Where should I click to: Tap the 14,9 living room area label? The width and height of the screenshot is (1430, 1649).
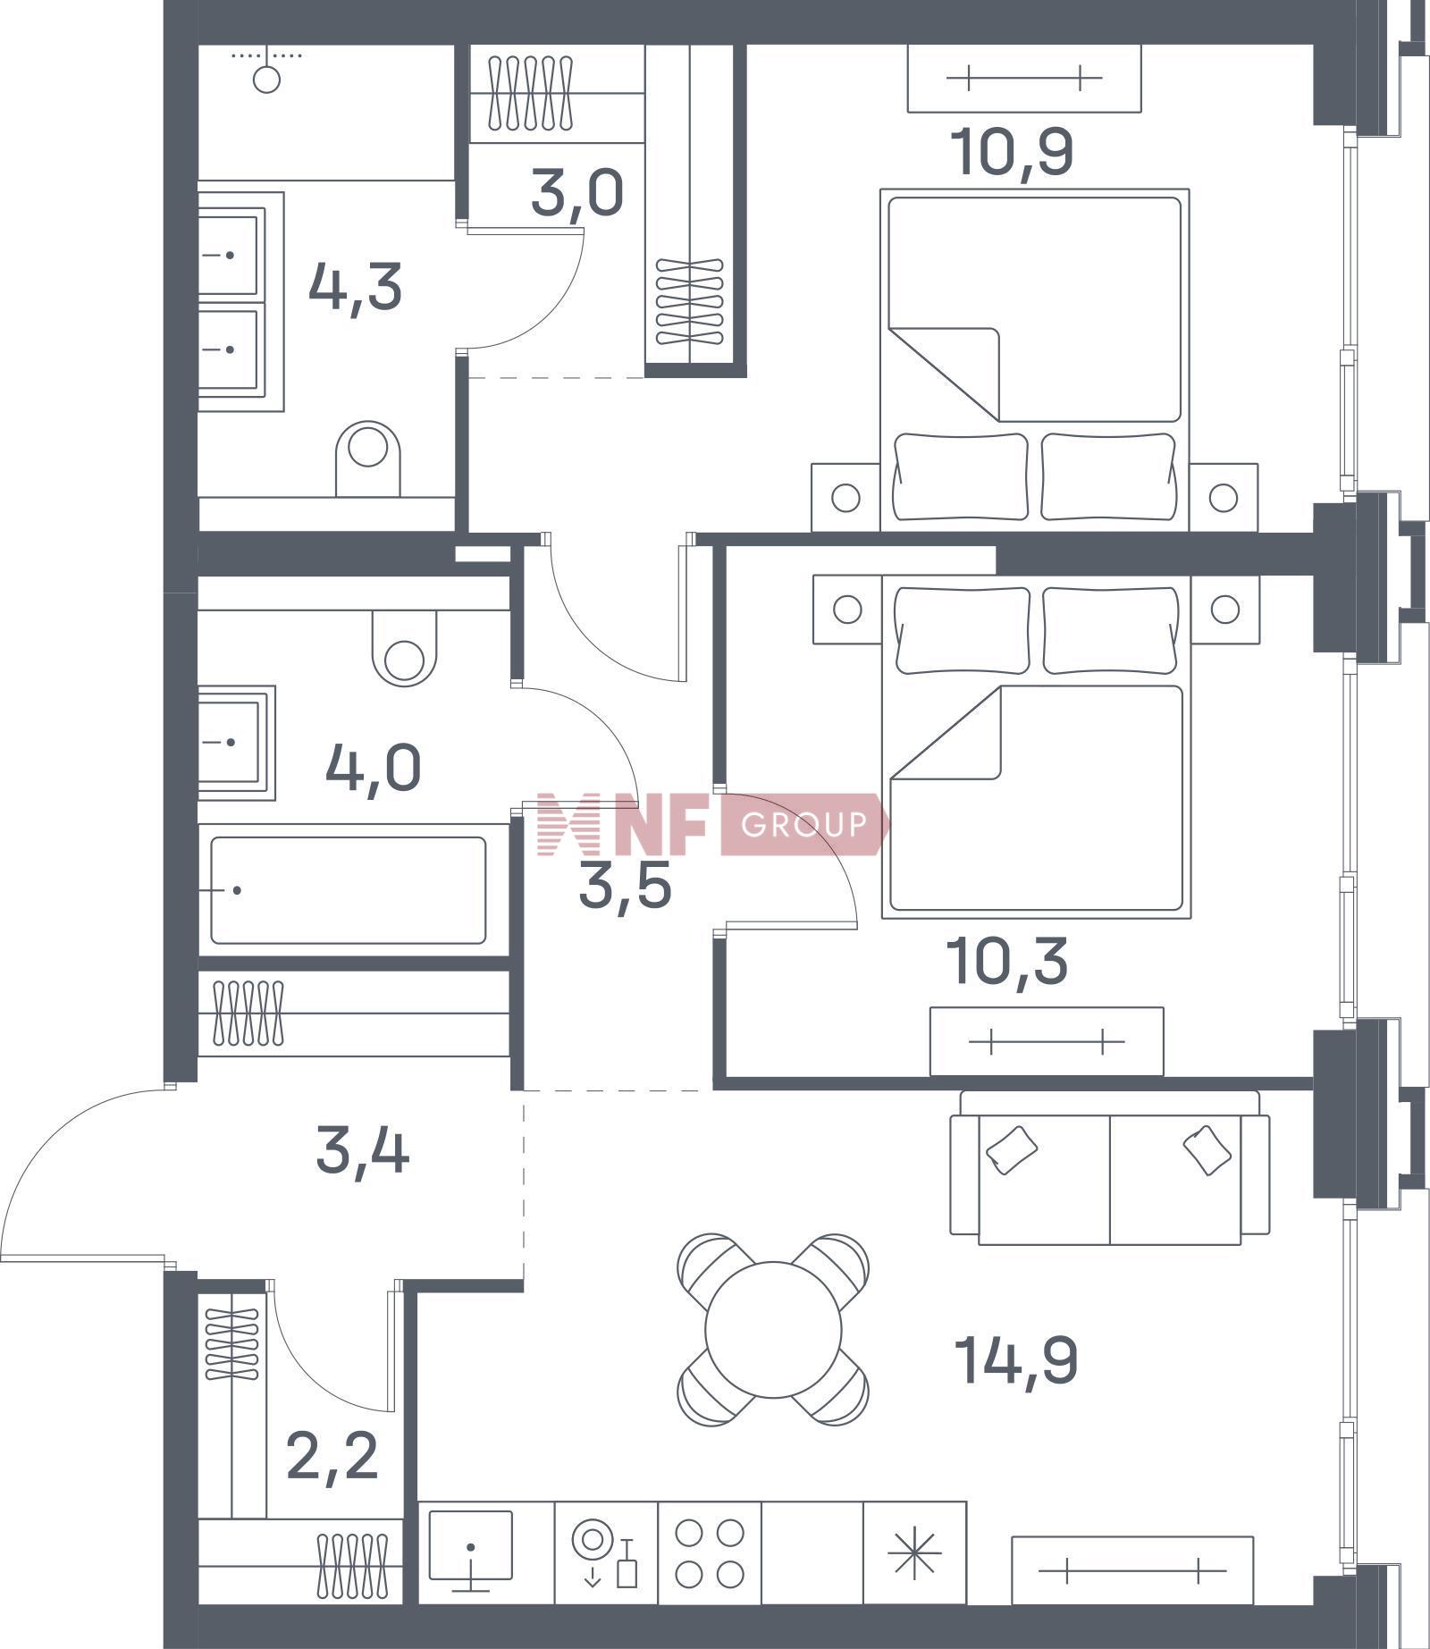(1016, 1360)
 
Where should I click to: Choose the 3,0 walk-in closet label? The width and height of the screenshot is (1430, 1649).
(576, 194)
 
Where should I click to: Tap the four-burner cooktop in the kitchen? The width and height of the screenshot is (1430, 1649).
(710, 1552)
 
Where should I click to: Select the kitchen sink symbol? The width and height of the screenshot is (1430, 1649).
(471, 1550)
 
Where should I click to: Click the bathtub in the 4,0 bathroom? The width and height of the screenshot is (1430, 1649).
(349, 890)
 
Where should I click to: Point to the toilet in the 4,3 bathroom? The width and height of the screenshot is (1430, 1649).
(367, 459)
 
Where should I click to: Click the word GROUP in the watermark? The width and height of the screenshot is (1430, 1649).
(803, 823)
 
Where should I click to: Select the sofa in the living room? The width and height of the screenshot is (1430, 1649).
(1109, 1168)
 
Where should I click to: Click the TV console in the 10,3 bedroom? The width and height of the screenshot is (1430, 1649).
(1047, 1041)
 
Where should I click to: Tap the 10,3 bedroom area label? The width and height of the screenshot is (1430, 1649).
(1010, 962)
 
